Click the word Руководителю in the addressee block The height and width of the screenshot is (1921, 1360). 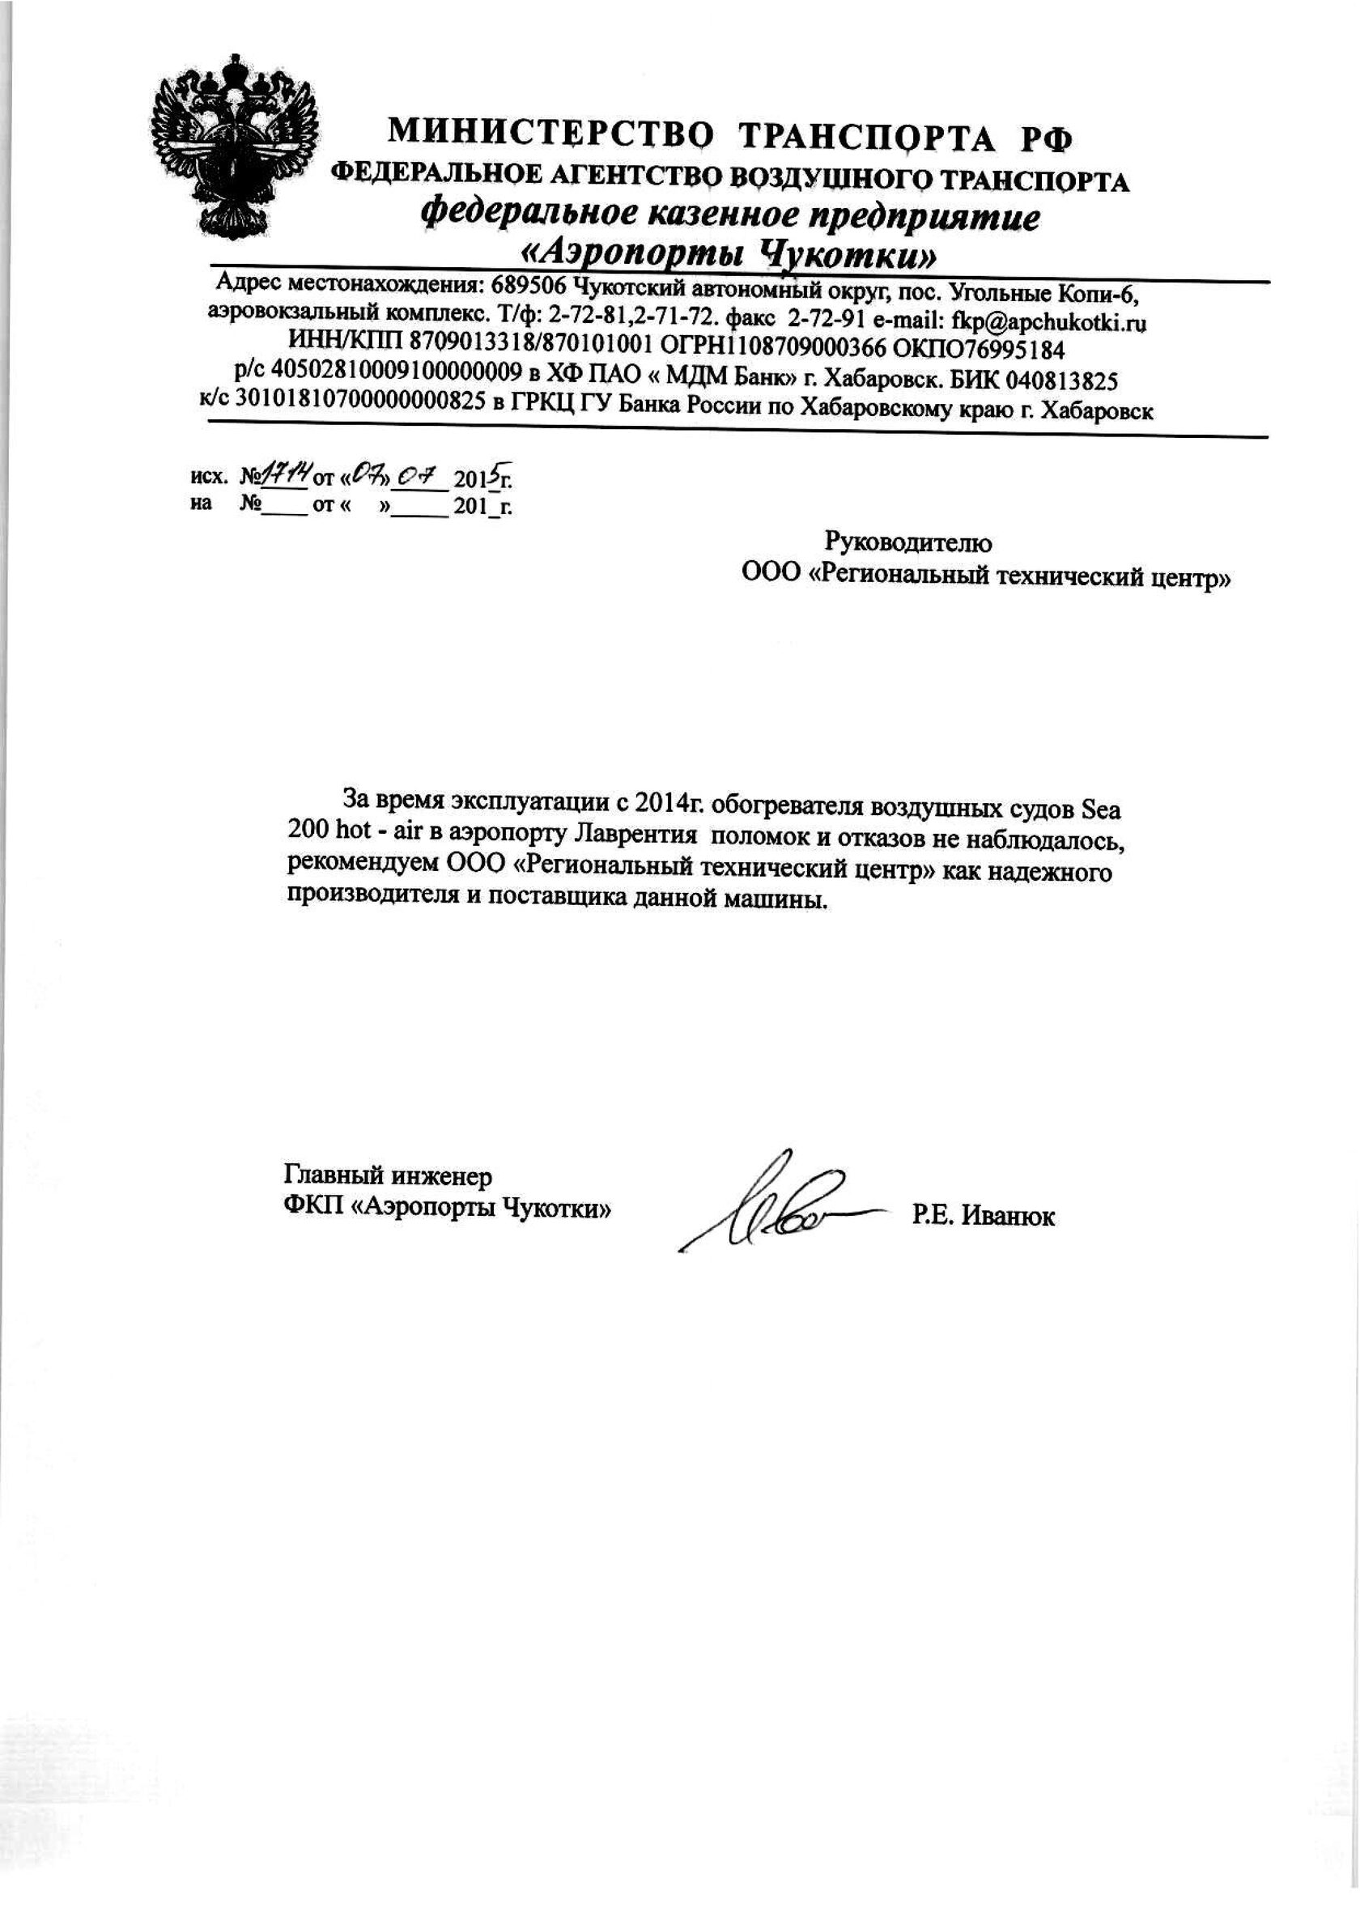point(908,543)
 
